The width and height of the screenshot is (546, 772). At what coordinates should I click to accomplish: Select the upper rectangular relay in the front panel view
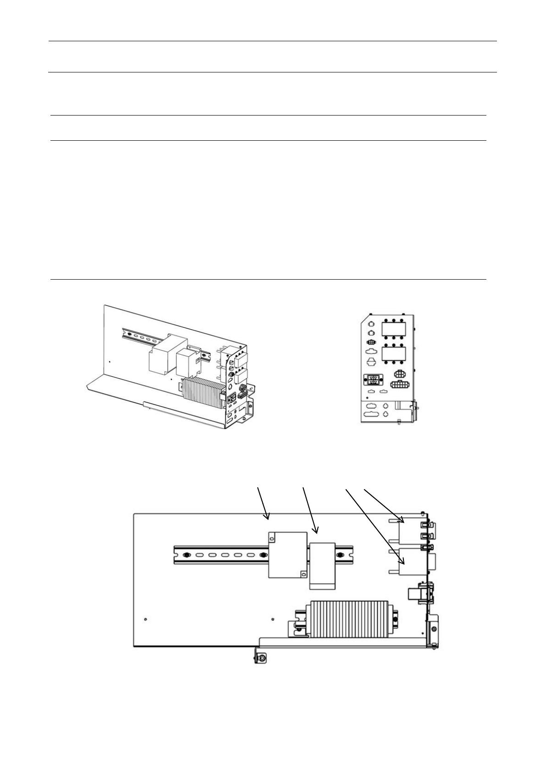pos(394,330)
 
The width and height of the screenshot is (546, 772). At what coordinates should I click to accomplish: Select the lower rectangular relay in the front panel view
pos(394,354)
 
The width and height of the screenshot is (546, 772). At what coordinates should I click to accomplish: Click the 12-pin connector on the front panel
pos(399,384)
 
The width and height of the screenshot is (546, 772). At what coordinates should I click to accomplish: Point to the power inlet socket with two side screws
pos(373,380)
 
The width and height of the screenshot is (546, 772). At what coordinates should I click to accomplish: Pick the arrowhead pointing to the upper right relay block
pos(402,521)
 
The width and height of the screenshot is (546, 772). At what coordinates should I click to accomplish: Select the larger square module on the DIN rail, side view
pos(287,555)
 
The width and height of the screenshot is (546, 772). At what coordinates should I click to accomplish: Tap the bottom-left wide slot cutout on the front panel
pos(371,414)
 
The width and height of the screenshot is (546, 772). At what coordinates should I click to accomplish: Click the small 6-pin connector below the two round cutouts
pos(372,342)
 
